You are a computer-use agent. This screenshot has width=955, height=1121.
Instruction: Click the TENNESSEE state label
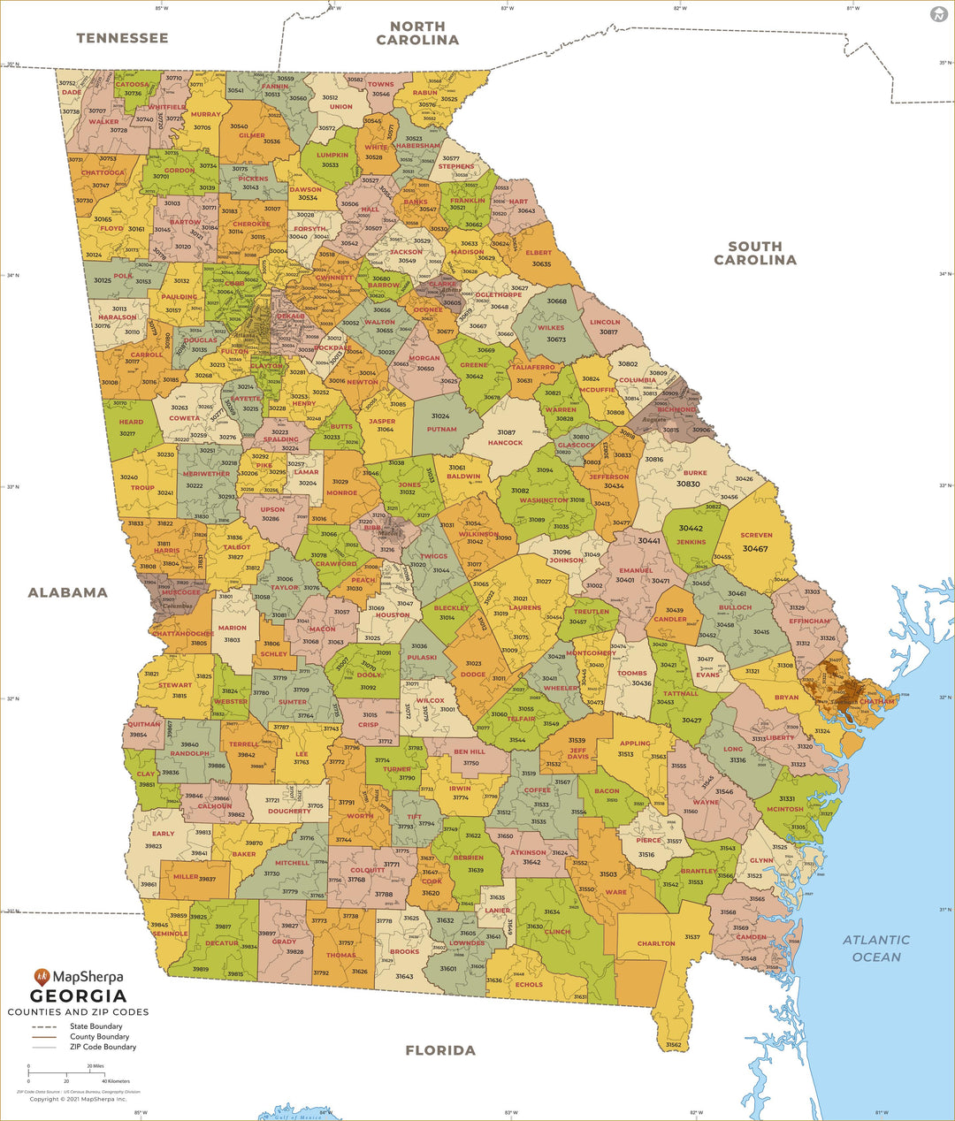pyautogui.click(x=122, y=38)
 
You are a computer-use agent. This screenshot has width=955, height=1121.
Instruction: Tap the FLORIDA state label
pyautogui.click(x=440, y=1050)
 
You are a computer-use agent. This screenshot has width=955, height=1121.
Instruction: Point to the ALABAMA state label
pyautogui.click(x=67, y=592)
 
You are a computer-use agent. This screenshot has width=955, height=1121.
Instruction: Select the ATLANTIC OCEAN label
pyautogui.click(x=875, y=948)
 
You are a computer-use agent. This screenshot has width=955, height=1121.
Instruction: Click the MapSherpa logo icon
pyautogui.click(x=42, y=977)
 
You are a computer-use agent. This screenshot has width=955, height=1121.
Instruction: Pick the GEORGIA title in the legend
pyautogui.click(x=78, y=996)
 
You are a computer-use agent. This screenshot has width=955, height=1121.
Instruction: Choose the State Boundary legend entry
pyautogui.click(x=95, y=1026)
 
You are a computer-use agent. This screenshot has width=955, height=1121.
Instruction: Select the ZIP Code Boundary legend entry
pyautogui.click(x=103, y=1047)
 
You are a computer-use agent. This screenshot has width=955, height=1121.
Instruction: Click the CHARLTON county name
pyautogui.click(x=656, y=943)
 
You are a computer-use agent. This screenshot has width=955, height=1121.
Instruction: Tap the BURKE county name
pyautogui.click(x=695, y=473)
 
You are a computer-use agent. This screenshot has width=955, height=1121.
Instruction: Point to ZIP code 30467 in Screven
pyautogui.click(x=755, y=549)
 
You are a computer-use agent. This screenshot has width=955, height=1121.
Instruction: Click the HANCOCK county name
pyautogui.click(x=505, y=443)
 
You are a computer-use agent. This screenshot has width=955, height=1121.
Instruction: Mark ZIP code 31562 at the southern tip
pyautogui.click(x=674, y=1045)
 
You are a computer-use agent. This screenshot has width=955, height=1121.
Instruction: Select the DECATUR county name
pyautogui.click(x=222, y=943)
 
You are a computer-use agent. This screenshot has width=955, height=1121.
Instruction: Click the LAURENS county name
pyautogui.click(x=525, y=607)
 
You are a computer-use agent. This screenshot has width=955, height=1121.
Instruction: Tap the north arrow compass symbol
pyautogui.click(x=938, y=14)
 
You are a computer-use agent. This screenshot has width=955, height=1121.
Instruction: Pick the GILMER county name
pyautogui.click(x=252, y=136)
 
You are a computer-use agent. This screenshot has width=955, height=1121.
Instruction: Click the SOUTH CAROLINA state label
pyautogui.click(x=755, y=253)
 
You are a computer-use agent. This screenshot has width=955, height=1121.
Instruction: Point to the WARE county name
pyautogui.click(x=615, y=892)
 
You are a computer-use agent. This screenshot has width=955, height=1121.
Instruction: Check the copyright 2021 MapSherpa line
pyautogui.click(x=78, y=1099)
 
